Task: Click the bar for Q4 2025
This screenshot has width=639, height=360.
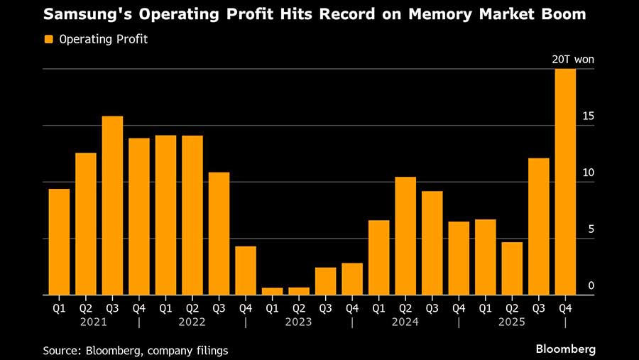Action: (x=565, y=182)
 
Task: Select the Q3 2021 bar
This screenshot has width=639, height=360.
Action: (x=112, y=205)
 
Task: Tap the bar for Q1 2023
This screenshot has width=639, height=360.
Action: (x=272, y=290)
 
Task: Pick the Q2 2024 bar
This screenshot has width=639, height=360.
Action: (x=405, y=236)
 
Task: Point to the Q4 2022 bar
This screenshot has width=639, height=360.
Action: (x=246, y=271)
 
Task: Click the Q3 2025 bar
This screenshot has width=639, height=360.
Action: (x=538, y=227)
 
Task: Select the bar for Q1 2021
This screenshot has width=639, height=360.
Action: (x=59, y=241)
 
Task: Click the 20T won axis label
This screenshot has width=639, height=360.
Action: (x=573, y=60)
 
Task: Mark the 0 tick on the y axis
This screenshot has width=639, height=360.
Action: (x=591, y=286)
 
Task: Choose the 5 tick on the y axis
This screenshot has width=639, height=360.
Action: (x=591, y=229)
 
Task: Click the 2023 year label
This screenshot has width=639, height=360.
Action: (x=298, y=322)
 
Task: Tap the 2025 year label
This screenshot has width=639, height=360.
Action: (x=512, y=322)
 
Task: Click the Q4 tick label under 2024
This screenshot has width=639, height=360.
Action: (x=459, y=307)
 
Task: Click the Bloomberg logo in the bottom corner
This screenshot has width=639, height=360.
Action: (x=566, y=349)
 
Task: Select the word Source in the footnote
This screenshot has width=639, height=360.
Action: (x=62, y=350)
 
